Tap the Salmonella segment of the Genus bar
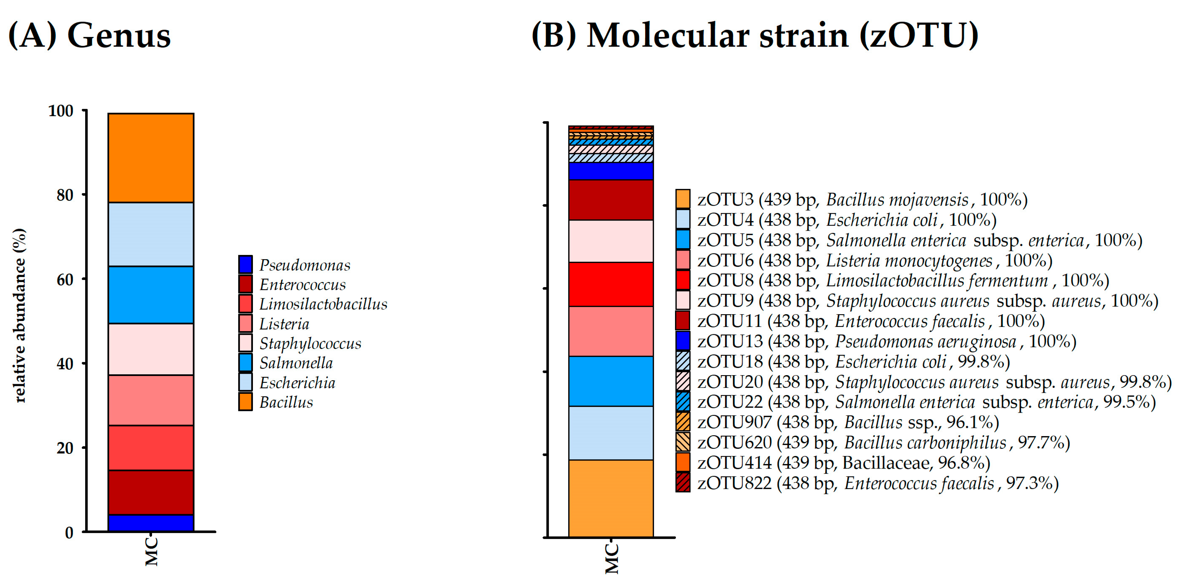151,295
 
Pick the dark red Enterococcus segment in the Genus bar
151,493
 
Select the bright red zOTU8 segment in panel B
611,284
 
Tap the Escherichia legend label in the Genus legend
297,383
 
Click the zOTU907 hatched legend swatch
683,422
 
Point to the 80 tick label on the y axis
65,195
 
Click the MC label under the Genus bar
151,552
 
